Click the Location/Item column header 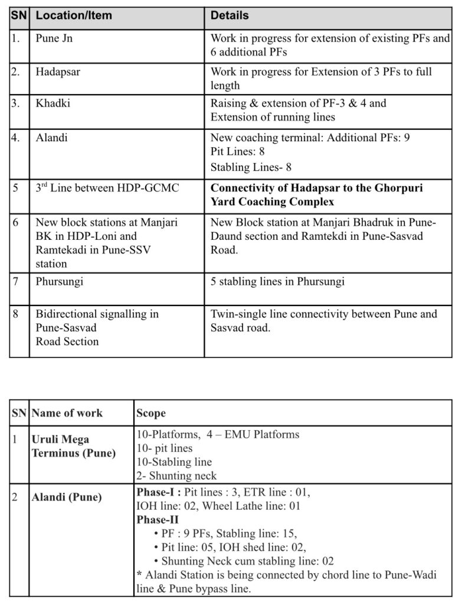73,16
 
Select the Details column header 230,16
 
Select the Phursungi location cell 59,281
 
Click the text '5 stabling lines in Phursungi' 277,281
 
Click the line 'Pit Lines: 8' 238,152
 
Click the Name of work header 67,413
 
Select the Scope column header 151,413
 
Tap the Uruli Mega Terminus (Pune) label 73,447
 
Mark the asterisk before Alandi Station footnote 139,574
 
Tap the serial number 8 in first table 16,314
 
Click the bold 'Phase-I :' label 159,492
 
